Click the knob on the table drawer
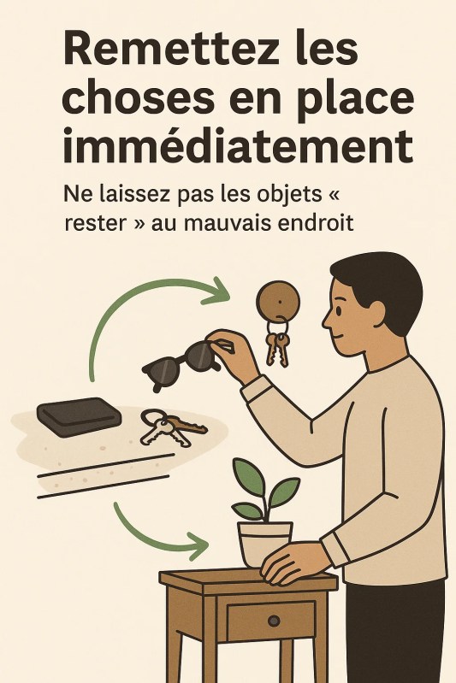tap(274, 621)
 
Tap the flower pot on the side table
tap(264, 544)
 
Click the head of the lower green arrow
tap(198, 545)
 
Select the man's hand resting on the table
tap(293, 562)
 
